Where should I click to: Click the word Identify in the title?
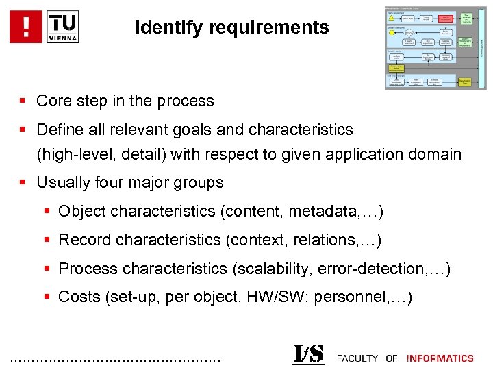pos(162,28)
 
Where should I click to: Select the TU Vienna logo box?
pos(63,27)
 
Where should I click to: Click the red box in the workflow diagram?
pos(446,18)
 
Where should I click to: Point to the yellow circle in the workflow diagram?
pos(392,32)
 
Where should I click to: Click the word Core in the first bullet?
pos(53,101)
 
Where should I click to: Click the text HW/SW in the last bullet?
pos(280,298)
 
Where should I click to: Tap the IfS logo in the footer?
pos(307,354)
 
